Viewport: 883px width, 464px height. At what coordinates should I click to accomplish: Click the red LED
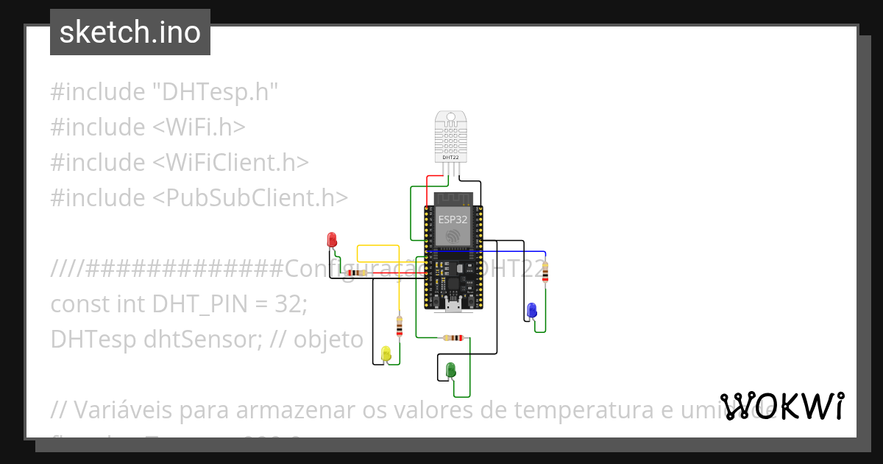pyautogui.click(x=332, y=239)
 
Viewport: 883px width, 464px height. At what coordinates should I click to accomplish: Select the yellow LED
pyautogui.click(x=386, y=354)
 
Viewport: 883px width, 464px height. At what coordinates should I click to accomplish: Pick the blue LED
pyautogui.click(x=531, y=310)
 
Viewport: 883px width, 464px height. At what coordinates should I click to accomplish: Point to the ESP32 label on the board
pyautogui.click(x=453, y=219)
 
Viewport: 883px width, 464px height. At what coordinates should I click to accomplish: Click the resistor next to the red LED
pyautogui.click(x=358, y=273)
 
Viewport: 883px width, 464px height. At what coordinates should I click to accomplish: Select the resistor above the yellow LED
pyautogui.click(x=400, y=326)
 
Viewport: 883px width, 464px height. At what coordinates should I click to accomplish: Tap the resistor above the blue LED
pyautogui.click(x=545, y=271)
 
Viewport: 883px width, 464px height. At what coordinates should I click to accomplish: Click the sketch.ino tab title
pyautogui.click(x=130, y=32)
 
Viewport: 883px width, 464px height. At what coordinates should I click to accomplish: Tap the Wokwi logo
pyautogui.click(x=782, y=407)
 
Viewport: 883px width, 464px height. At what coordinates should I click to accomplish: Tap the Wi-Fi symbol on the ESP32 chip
pyautogui.click(x=453, y=236)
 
